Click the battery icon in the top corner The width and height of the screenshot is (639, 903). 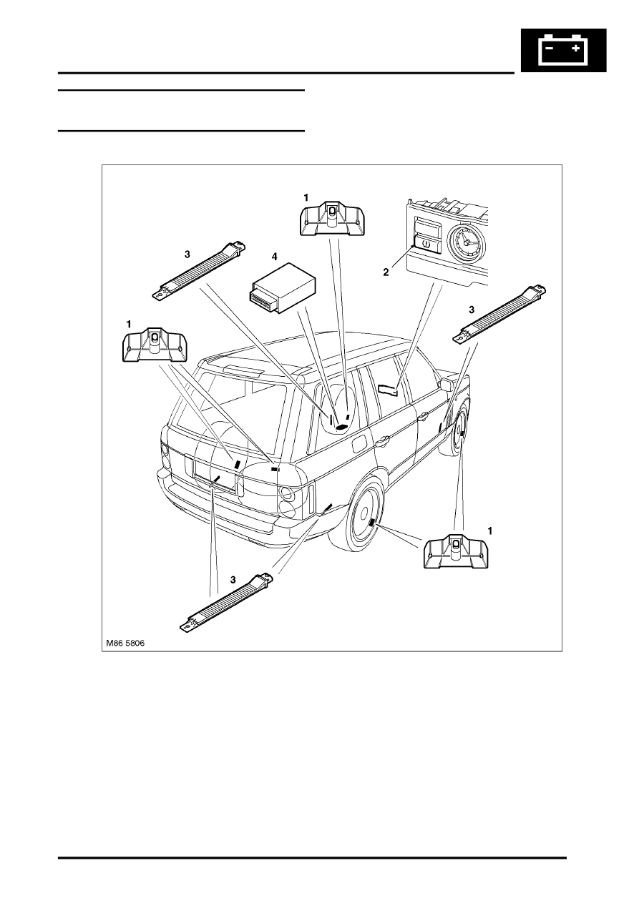pos(562,51)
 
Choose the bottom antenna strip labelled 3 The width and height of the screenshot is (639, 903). pos(226,601)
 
